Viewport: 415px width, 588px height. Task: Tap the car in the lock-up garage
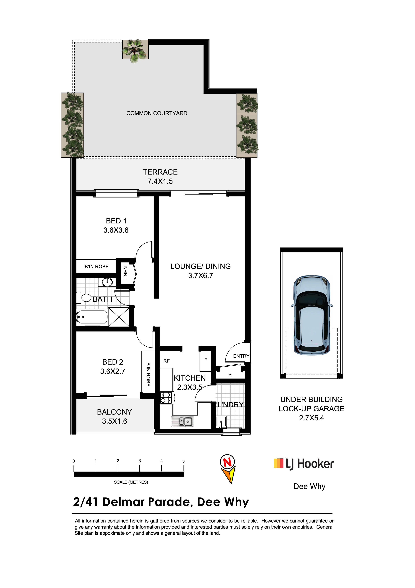tap(312, 315)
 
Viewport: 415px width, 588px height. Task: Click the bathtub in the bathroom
tap(92, 317)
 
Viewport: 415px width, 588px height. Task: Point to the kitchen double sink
tap(182, 421)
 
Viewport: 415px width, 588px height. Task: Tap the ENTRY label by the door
tap(241, 356)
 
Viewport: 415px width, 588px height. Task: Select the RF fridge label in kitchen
tap(166, 361)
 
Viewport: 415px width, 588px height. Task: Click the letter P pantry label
tap(206, 360)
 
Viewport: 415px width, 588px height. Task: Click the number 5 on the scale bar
tap(183, 461)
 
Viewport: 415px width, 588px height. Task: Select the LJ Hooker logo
tap(304, 464)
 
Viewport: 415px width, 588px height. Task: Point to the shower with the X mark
tap(119, 317)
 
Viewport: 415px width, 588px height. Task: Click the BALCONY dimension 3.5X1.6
tap(115, 421)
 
